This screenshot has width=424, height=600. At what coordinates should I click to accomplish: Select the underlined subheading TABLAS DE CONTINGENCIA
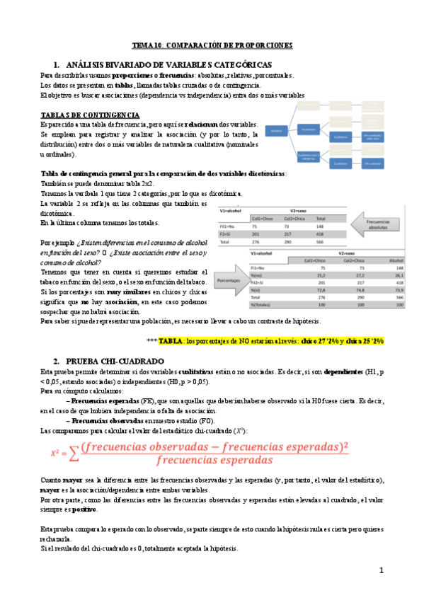click(x=90, y=115)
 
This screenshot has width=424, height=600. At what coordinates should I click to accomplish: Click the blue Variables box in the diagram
click(x=277, y=130)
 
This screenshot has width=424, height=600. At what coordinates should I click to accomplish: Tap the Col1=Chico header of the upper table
click(x=263, y=218)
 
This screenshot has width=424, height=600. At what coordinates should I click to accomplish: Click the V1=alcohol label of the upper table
click(x=232, y=211)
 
